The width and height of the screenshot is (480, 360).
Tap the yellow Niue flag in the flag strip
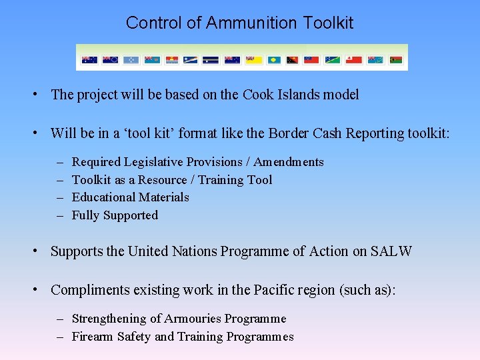[x=253, y=60]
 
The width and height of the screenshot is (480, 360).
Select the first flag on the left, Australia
[x=89, y=60]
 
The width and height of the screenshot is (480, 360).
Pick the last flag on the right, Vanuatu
[x=395, y=60]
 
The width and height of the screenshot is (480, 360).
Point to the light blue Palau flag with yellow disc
[x=274, y=60]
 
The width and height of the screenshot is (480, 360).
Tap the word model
[x=341, y=95]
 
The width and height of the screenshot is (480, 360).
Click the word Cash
[x=329, y=133]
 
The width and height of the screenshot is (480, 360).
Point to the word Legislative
[x=153, y=162]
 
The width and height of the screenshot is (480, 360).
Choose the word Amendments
[x=288, y=162]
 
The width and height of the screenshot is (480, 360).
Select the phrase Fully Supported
[x=115, y=215]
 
